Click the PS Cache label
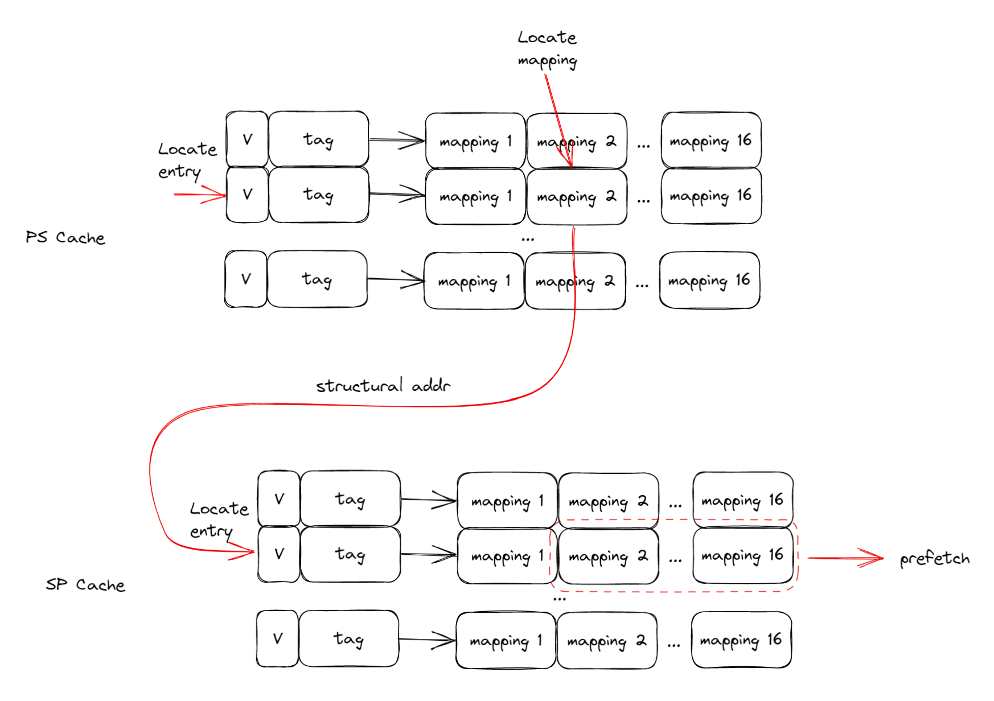click(65, 237)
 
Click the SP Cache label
click(85, 584)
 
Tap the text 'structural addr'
click(383, 386)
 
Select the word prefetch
click(934, 559)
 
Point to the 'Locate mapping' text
click(547, 49)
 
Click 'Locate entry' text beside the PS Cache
click(187, 160)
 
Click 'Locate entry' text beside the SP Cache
click(219, 519)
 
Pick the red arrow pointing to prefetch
click(845, 558)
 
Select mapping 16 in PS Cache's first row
click(711, 141)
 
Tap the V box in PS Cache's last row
click(246, 279)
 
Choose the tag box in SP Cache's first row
click(350, 499)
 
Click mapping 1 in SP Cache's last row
click(506, 641)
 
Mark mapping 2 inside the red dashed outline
click(608, 556)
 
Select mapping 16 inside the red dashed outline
click(742, 556)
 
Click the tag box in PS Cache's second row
click(318, 195)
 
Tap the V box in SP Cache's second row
click(279, 554)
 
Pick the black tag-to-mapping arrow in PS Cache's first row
click(397, 140)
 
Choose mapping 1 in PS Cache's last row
click(474, 281)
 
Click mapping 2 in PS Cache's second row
click(576, 197)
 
